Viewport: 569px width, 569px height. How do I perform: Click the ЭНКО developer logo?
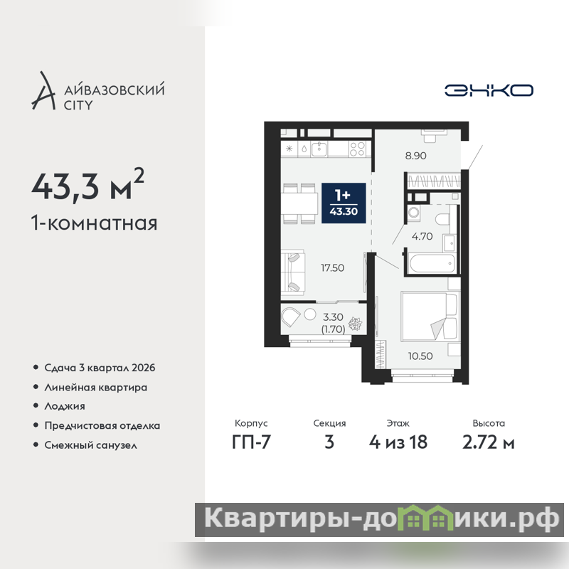coord(489,90)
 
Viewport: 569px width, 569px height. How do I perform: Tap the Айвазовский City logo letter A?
coord(43,91)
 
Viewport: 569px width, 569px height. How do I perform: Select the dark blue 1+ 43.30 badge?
coord(344,203)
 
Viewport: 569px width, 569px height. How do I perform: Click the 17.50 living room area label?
coord(332,268)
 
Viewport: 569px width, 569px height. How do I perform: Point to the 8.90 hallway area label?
coord(416,156)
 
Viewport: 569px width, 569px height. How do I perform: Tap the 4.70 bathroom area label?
coord(422,236)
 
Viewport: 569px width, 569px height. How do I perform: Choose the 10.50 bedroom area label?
coord(420,356)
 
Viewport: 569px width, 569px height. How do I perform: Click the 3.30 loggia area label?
coord(333,317)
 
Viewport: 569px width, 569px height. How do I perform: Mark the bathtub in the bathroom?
coord(432,264)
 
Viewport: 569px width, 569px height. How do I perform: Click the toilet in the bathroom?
coord(442,219)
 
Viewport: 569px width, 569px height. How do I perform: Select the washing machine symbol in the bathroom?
coord(413,213)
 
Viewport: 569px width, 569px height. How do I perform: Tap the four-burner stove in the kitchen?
coord(357,149)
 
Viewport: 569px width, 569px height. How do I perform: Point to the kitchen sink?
coord(319,149)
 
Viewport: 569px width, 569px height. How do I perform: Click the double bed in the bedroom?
coord(430,316)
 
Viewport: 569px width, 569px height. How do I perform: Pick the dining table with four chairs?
coord(299,203)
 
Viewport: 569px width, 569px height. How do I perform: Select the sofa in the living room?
coord(292,271)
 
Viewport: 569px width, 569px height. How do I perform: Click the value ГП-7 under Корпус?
coord(252,442)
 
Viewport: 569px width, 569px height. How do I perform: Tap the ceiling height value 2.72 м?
coord(489,442)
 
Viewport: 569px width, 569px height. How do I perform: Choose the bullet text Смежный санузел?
coord(91,445)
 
